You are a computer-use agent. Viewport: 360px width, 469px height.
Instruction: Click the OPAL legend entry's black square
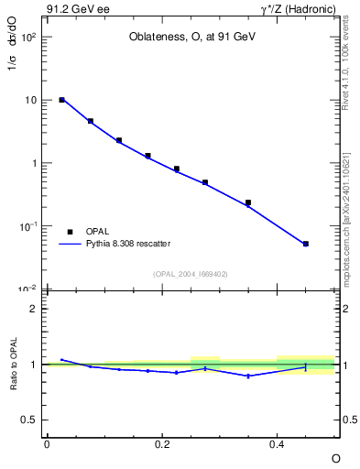click(x=69, y=232)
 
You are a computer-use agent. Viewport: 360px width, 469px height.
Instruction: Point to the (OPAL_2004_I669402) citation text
click(x=191, y=273)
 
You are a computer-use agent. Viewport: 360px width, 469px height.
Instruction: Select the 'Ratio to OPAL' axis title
click(x=14, y=365)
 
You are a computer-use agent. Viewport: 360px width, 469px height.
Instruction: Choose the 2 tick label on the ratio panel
click(x=34, y=309)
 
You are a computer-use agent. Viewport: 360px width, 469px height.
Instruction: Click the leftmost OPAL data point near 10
click(x=61, y=100)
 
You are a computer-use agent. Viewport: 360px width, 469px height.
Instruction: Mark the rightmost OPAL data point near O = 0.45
click(x=305, y=244)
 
